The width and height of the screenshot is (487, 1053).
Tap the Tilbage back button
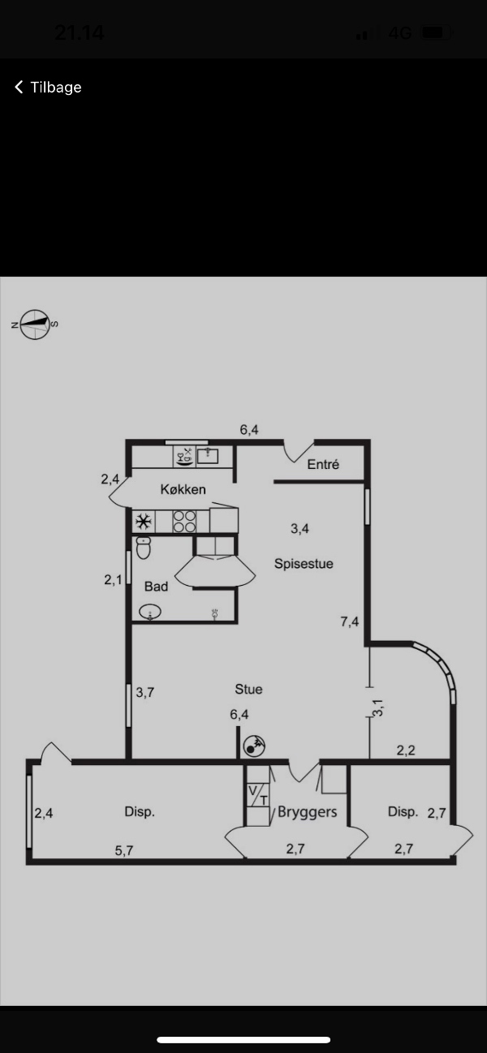click(48, 87)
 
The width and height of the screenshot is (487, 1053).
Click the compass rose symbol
click(35, 324)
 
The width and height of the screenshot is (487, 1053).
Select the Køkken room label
click(183, 489)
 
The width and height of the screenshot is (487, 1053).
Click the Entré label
click(323, 465)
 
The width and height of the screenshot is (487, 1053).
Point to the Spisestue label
click(304, 564)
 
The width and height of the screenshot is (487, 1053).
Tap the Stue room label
click(248, 689)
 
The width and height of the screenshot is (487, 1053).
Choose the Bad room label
click(156, 587)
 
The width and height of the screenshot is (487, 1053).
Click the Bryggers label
click(308, 812)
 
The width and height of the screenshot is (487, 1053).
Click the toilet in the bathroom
click(144, 548)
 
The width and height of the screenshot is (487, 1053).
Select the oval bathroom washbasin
click(150, 612)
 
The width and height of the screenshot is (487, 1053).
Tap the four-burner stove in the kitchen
click(184, 522)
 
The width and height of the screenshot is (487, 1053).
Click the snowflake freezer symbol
click(144, 522)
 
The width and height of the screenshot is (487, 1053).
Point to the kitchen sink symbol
click(208, 456)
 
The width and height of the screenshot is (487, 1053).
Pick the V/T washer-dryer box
click(258, 795)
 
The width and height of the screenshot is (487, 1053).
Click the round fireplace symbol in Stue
click(254, 746)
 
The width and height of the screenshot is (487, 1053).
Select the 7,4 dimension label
click(350, 622)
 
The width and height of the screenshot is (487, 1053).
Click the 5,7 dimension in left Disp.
click(124, 850)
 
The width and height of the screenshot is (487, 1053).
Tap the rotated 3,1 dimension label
click(378, 707)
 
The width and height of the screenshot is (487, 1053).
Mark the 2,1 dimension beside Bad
click(113, 579)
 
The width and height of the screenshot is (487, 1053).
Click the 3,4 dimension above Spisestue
click(300, 529)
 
